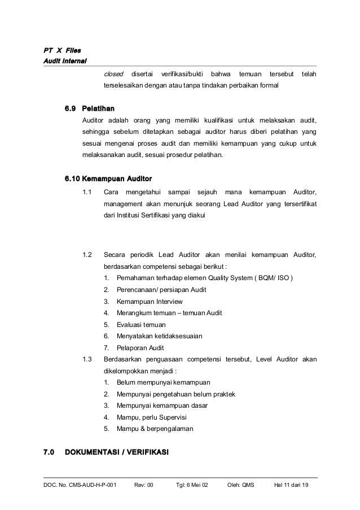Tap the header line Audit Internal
click(65, 62)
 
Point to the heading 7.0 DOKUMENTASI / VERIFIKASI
click(107, 452)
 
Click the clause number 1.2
click(87, 255)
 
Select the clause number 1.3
click(87, 359)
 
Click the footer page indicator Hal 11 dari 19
click(295, 485)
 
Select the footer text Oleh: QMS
click(241, 485)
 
